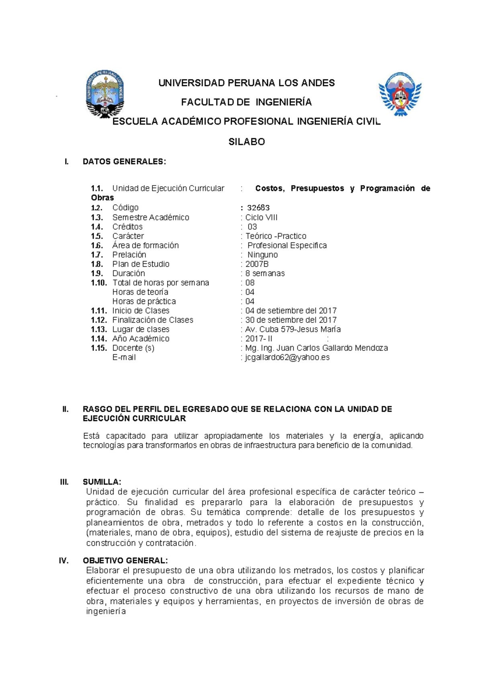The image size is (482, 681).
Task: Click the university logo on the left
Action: pos(105,94)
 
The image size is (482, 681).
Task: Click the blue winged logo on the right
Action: pos(400,94)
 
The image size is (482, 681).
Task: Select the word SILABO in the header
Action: pos(247,142)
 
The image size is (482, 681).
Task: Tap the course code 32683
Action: pos(258,208)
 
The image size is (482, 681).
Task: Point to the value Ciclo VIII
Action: pos(261,217)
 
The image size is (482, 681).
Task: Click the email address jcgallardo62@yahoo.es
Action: pos(287,357)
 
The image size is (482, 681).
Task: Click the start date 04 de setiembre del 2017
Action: pos(291,310)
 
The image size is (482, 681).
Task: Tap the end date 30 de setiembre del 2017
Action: pos(291,320)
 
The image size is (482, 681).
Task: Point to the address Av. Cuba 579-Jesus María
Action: pos(293,329)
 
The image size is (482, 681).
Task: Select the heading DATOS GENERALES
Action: pos(124,162)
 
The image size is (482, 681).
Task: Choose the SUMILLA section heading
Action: pos(102,482)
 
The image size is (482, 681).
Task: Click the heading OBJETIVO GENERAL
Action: pos(125,561)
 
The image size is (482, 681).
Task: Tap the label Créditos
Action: pos(127,226)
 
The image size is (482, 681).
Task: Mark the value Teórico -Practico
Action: pos(276,236)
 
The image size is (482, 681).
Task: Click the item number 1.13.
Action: pos(99,329)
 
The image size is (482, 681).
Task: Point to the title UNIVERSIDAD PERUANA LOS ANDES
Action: pos(247,83)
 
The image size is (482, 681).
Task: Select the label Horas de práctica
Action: pos(144,301)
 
